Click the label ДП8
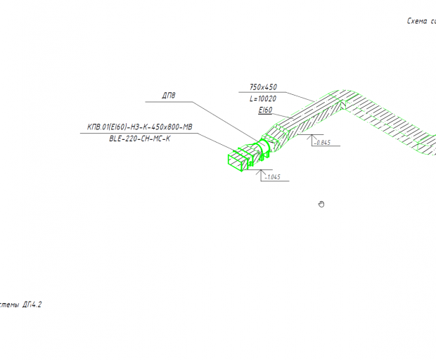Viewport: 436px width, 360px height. tap(169, 96)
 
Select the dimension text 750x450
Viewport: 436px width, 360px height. tap(263, 87)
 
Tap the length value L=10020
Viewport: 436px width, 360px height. tap(263, 99)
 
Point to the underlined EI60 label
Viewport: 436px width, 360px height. tap(265, 111)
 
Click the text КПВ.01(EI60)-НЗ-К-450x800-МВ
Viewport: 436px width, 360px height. tap(139, 127)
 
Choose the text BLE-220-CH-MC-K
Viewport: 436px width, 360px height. tap(140, 139)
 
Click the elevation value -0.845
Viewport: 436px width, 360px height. tap(323, 143)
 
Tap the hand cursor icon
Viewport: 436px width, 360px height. tap(321, 204)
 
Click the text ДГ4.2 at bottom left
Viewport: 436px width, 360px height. tap(32, 305)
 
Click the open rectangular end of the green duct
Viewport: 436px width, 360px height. tap(233, 159)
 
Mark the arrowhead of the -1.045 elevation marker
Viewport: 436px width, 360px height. tap(261, 171)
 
